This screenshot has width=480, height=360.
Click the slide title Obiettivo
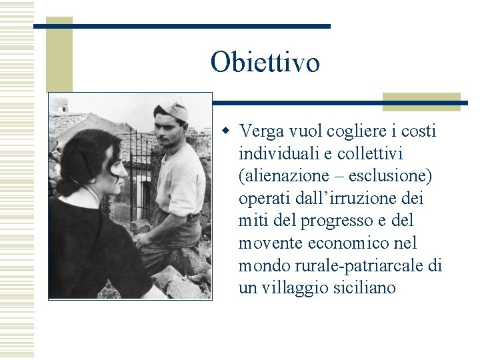click(265, 63)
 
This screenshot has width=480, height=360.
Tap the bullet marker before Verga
click(226, 131)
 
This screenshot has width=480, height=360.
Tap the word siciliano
click(363, 289)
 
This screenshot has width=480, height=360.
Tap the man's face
click(170, 131)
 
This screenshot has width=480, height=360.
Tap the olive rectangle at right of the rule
click(421, 101)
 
